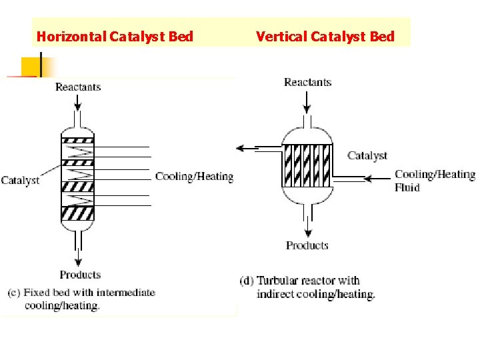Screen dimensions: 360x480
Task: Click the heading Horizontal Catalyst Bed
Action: pos(115,36)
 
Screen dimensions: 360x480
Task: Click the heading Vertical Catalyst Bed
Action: pos(325,36)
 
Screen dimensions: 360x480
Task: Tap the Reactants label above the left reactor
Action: pos(78,87)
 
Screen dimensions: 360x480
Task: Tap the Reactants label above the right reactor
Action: pos(307,82)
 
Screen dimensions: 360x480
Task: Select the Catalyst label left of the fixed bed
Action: pos(20,180)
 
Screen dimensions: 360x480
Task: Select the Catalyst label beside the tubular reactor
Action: pos(367,155)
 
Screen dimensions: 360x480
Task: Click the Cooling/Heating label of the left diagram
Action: pos(194,177)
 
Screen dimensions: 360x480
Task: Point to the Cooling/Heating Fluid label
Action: pos(435,181)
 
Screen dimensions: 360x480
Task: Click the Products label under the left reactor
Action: pos(80,275)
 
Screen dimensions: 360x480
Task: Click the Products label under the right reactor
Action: pos(307,245)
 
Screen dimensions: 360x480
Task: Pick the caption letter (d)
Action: pos(246,281)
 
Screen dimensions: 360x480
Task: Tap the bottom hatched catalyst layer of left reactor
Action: pos(78,213)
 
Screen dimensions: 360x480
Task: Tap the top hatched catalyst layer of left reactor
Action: pos(78,140)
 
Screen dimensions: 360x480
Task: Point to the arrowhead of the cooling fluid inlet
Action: pos(366,178)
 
